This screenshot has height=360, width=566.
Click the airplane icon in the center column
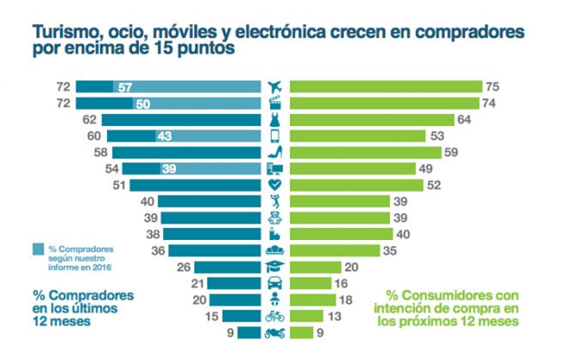[x=275, y=87]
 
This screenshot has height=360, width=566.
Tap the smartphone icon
[x=275, y=135]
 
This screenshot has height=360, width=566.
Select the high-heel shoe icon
[x=275, y=152]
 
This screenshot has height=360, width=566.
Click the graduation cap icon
[x=275, y=267]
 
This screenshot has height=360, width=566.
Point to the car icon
[x=275, y=284]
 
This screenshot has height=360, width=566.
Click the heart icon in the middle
[x=275, y=185]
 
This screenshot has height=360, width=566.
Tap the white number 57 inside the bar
[x=125, y=87]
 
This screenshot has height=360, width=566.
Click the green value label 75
[x=492, y=87]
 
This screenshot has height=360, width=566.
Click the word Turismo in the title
[x=63, y=31]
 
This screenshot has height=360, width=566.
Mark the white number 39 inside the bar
[x=169, y=169]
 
